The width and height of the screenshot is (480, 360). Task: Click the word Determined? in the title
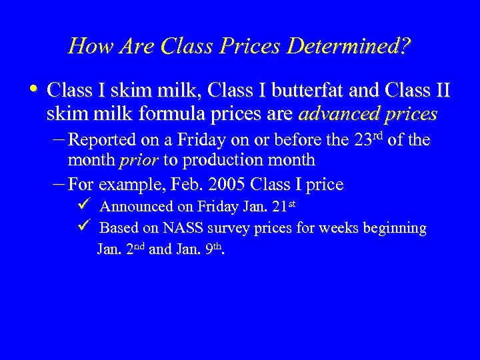click(354, 47)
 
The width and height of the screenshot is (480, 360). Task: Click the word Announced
click(135, 206)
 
